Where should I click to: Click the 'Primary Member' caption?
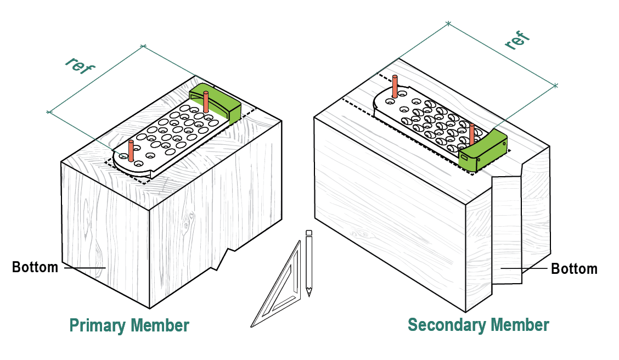[x=129, y=325]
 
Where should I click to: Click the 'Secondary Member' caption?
[x=478, y=325]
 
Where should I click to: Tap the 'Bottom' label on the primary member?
[x=35, y=267]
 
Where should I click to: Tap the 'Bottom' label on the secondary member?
[x=574, y=269]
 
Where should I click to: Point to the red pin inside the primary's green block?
[x=206, y=101]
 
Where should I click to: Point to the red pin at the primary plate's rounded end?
[x=131, y=150]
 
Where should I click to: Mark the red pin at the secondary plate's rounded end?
[x=395, y=87]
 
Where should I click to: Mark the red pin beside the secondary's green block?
[x=471, y=134]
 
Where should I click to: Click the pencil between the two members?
[x=309, y=263]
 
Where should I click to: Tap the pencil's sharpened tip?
[x=309, y=294]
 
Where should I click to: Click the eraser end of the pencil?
[x=309, y=233]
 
